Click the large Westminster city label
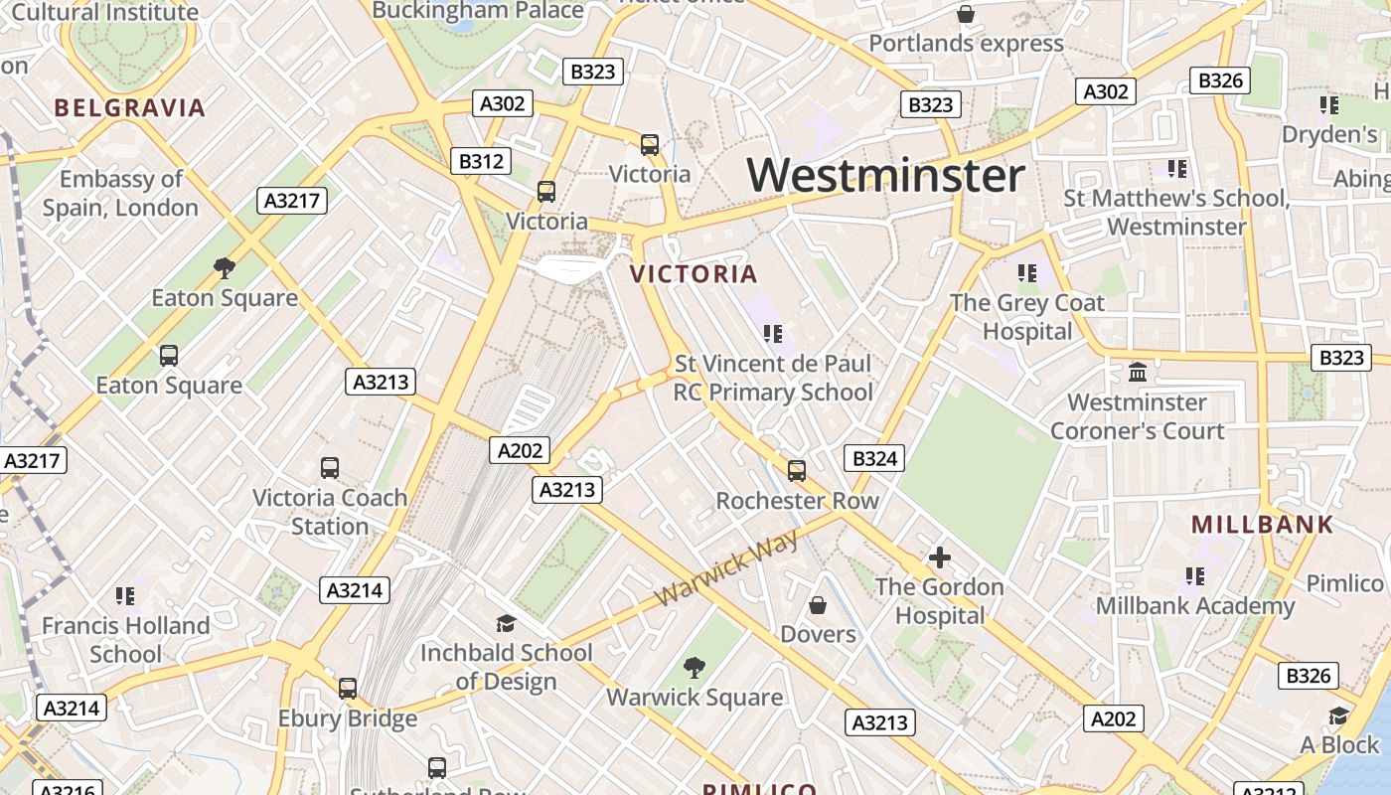tap(885, 176)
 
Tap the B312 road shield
tap(481, 161)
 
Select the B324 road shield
tap(874, 458)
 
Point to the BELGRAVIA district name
tap(129, 108)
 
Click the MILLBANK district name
tap(1262, 525)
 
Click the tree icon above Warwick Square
tap(695, 668)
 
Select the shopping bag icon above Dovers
tap(818, 604)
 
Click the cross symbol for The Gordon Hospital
tap(939, 557)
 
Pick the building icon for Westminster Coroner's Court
tap(1138, 373)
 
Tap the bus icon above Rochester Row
tap(797, 470)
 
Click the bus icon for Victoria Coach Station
tap(330, 467)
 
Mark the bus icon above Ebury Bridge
tap(347, 688)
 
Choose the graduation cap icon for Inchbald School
tap(506, 623)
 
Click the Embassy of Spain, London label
tap(121, 194)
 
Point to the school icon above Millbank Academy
tap(1194, 575)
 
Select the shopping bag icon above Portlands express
tap(965, 14)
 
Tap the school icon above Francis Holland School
tap(124, 595)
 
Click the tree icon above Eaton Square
tap(225, 267)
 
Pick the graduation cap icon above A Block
tap(1338, 715)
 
